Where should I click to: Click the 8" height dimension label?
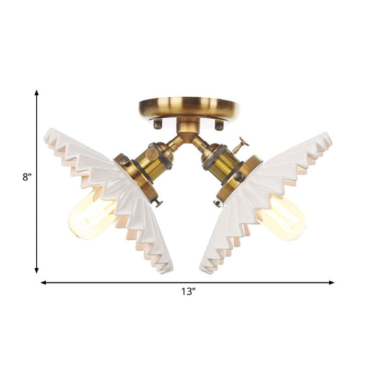[26, 176]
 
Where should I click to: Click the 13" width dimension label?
[187, 293]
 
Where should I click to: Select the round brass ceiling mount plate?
[187, 108]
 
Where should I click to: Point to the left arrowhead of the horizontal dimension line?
[44, 283]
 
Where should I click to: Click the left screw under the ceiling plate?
[158, 124]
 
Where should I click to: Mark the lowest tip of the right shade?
[206, 270]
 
